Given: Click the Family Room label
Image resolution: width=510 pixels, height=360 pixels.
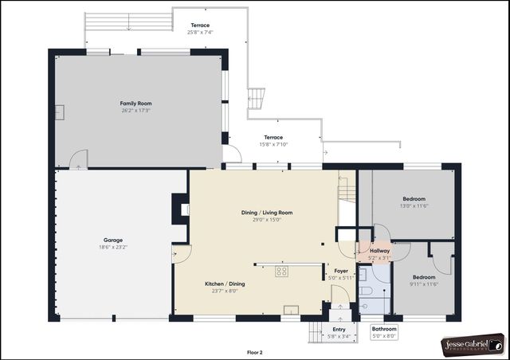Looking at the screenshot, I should tap(135, 104).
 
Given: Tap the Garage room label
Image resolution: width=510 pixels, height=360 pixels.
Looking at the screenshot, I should tap(112, 240).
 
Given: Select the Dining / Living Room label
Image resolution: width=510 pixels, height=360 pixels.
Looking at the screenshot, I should tap(267, 213).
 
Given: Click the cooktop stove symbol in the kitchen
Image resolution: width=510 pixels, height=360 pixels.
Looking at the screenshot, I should tap(281, 272).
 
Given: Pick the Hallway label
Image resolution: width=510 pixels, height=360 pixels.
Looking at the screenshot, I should tap(379, 250).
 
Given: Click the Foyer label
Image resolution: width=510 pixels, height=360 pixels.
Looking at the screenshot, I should tap(341, 271).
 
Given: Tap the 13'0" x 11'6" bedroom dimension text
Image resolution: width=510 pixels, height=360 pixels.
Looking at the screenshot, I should tap(414, 205).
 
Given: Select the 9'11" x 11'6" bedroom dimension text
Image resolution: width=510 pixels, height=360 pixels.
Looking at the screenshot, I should tap(424, 284).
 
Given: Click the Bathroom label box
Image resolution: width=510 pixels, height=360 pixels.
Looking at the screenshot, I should tap(384, 332).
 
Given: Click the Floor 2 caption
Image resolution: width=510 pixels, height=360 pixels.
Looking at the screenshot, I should tap(255, 351).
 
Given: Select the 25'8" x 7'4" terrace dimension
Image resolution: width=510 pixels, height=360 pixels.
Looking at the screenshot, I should tap(200, 33).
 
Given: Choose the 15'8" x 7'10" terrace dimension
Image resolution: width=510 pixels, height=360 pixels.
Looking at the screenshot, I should tap(273, 144).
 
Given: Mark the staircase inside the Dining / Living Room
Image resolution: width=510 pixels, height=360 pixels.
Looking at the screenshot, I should tap(346, 191).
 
